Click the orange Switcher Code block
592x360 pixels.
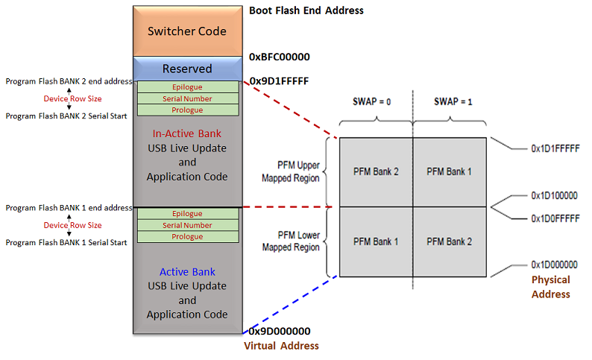pyautogui.click(x=187, y=31)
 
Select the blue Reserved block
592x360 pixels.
pyautogui.click(x=187, y=69)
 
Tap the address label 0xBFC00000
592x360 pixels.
pyautogui.click(x=280, y=57)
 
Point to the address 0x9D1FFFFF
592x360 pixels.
pyautogui.click(x=280, y=81)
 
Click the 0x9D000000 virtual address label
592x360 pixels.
pyautogui.click(x=280, y=331)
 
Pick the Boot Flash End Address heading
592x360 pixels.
pyautogui.click(x=306, y=10)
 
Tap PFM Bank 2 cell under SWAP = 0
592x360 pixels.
pyautogui.click(x=376, y=171)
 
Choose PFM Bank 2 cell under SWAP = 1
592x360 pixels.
pyautogui.click(x=449, y=241)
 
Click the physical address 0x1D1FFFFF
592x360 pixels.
pyautogui.click(x=555, y=149)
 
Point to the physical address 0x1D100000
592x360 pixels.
pyautogui.click(x=555, y=195)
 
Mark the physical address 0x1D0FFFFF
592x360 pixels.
pyautogui.click(x=555, y=218)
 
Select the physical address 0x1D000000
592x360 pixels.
pyautogui.click(x=555, y=265)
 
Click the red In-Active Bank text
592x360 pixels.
pyautogui.click(x=187, y=133)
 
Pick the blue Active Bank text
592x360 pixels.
pyautogui.click(x=187, y=271)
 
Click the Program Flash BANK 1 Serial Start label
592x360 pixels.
pyautogui.click(x=66, y=242)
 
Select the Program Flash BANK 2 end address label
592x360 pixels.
pyautogui.click(x=68, y=81)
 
